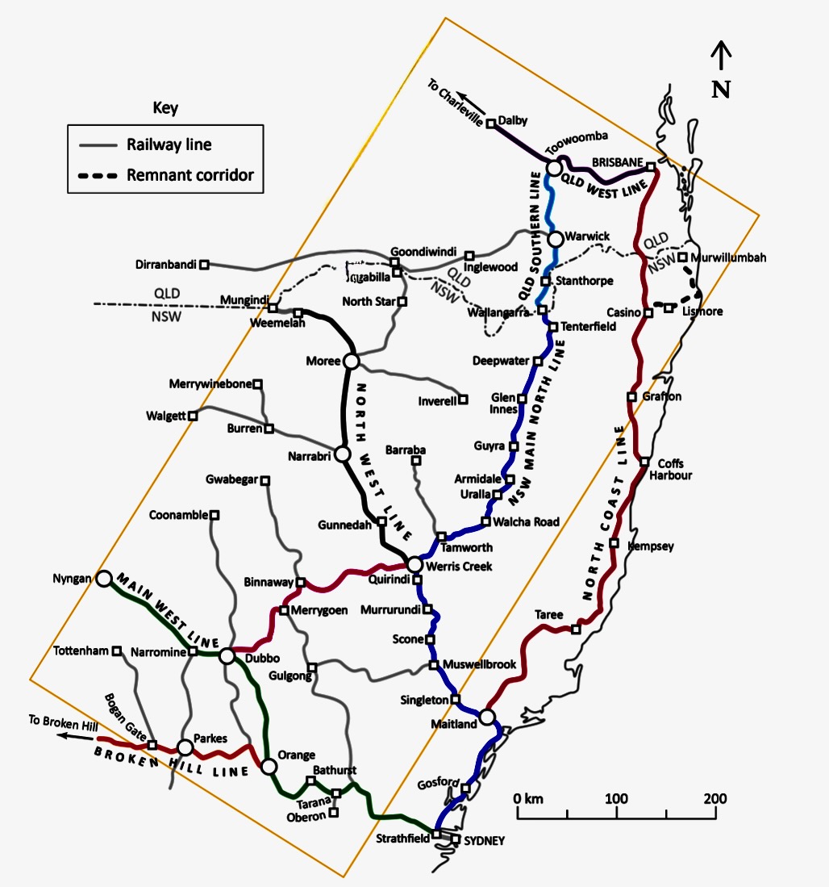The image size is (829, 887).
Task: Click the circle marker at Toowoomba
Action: tap(554, 168)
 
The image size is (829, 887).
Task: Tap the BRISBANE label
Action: tap(617, 161)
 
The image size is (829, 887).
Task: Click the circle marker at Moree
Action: tap(351, 361)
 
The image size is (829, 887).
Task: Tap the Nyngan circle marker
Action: tap(103, 578)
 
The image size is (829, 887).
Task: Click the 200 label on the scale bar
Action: tap(714, 799)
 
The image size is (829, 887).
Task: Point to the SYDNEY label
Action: tap(484, 840)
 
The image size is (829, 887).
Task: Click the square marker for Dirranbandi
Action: tap(204, 264)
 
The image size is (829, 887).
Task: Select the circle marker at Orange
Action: tap(268, 764)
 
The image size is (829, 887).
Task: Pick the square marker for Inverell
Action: tap(464, 399)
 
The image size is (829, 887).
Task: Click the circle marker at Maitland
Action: tap(486, 716)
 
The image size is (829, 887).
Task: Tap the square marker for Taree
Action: tap(576, 629)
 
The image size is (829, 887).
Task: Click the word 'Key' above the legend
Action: tap(165, 108)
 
